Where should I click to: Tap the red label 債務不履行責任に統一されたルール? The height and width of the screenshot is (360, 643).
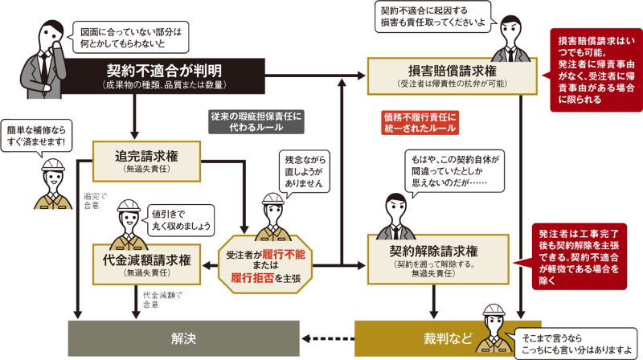[x=419, y=121]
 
